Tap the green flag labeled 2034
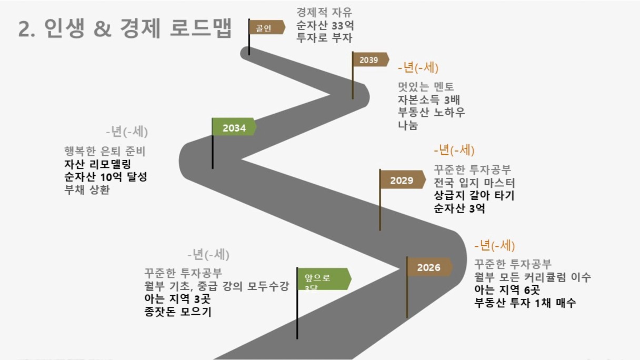[234, 127]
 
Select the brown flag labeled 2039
[369, 60]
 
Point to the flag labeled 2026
[428, 267]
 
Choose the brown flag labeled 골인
[266, 28]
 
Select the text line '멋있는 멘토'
[426, 87]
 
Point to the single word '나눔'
[408, 125]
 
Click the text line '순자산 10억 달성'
[105, 177]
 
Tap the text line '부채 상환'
[87, 190]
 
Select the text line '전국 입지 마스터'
[474, 183]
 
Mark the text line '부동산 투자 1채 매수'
[525, 303]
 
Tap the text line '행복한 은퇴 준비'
[104, 152]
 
